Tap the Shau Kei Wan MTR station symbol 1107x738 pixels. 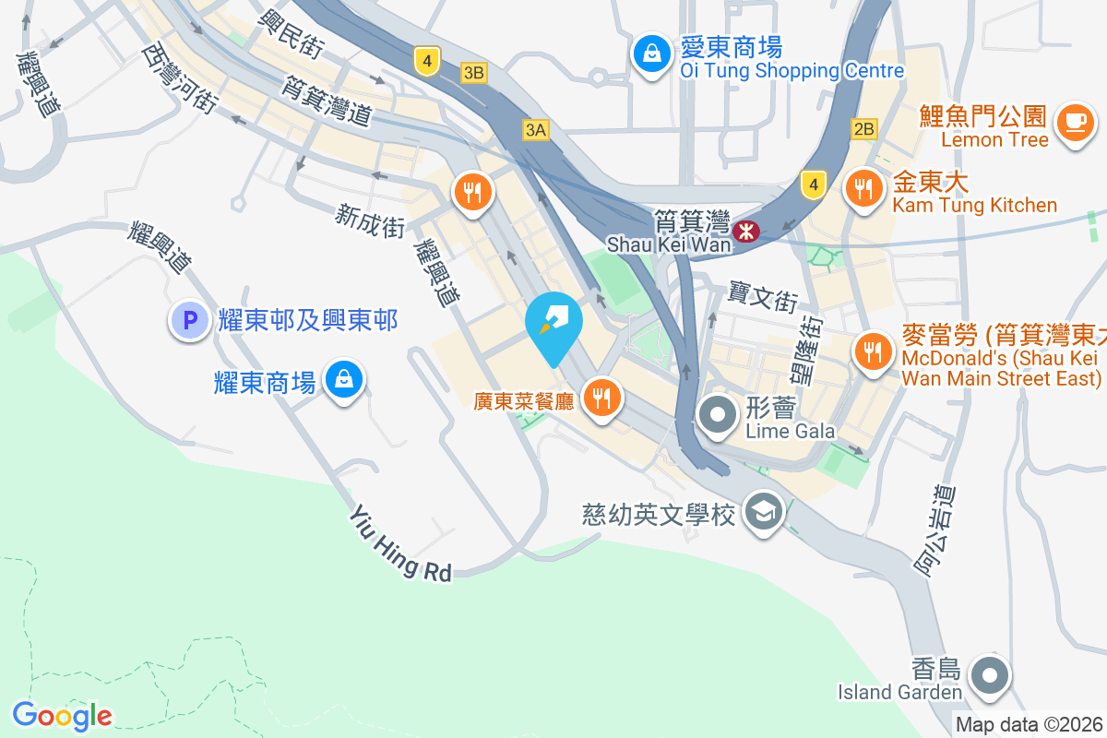(x=744, y=232)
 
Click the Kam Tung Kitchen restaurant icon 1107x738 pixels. (x=863, y=189)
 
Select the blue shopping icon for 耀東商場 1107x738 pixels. (x=343, y=379)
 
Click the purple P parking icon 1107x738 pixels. (x=190, y=321)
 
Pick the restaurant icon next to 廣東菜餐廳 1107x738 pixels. (x=602, y=398)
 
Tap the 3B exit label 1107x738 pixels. (x=474, y=73)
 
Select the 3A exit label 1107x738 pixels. (x=535, y=130)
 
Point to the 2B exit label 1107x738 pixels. (x=864, y=129)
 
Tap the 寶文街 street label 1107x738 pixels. (x=762, y=296)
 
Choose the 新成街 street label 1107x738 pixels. (x=370, y=221)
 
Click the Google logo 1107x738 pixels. (x=62, y=715)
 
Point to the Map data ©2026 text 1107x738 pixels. (x=1029, y=725)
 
